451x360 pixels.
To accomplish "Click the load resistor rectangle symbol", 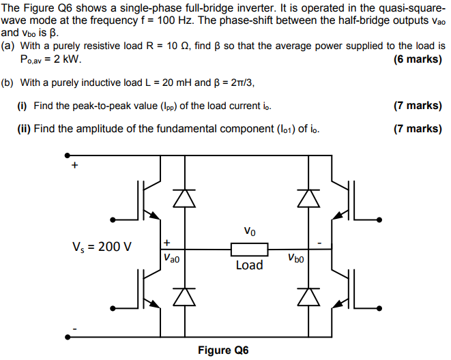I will pos(249,249).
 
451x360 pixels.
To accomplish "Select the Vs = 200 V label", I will pos(102,246).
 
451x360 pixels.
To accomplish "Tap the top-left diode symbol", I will pos(182,197).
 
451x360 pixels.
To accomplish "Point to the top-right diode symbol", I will pos(310,197).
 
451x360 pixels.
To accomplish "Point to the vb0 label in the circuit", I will pos(295,258).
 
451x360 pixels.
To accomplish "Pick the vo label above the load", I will pos(250,231).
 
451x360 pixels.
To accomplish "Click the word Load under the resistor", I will pos(249,265).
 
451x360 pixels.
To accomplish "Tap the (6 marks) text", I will pos(418,59).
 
